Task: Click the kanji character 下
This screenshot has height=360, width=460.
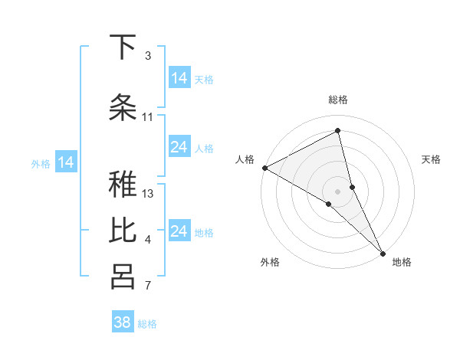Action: point(122,47)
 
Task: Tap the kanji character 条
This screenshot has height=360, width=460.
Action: point(122,106)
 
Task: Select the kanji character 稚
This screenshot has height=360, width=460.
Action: point(122,185)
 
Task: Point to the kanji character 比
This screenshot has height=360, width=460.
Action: point(122,231)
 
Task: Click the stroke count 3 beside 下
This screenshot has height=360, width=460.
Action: point(148,56)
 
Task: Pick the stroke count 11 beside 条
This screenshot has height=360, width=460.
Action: point(148,117)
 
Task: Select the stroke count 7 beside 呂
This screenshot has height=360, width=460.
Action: point(148,286)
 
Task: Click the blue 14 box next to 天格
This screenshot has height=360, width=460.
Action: point(179,78)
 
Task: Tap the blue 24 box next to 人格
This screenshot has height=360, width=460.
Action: point(179,147)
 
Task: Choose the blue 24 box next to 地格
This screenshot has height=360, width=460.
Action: point(179,231)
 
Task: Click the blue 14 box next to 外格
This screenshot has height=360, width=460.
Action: point(66,162)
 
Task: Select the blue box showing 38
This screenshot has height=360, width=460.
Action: point(123,322)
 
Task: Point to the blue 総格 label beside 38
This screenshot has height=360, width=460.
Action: point(147,324)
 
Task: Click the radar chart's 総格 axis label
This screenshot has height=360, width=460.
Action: point(338,100)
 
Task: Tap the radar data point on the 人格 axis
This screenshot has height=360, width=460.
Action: point(264,168)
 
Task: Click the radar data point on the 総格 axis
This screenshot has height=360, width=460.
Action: point(338,131)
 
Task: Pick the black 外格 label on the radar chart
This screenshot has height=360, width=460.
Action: point(269,262)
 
